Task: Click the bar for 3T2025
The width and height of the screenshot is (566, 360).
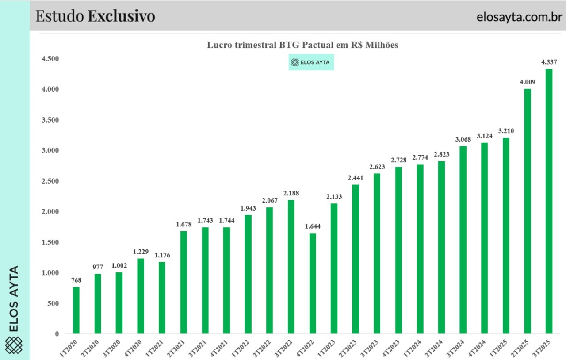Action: tap(549, 201)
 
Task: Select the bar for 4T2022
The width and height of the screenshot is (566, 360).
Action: tap(313, 283)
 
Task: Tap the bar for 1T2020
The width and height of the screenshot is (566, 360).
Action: tap(76, 310)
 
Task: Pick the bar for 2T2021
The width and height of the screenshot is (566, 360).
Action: tap(184, 282)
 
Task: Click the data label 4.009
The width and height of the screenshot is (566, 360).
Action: tap(528, 81)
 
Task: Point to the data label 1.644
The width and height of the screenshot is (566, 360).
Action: tap(313, 226)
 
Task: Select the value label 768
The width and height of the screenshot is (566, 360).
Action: tap(76, 280)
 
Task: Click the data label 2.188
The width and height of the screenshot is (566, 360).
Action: tap(291, 193)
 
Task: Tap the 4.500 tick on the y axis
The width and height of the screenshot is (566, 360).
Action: tap(50, 59)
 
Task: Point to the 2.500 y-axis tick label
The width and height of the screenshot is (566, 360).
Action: tap(50, 181)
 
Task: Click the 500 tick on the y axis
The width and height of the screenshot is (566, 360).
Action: tap(54, 304)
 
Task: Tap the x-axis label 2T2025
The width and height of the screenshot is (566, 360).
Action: tap(523, 347)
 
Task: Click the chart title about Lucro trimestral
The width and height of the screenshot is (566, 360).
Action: tap(303, 45)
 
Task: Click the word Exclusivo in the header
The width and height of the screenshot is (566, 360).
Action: tap(121, 16)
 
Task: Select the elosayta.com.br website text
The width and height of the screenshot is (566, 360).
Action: tap(519, 17)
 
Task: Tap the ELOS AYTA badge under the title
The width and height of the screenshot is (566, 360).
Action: tap(311, 62)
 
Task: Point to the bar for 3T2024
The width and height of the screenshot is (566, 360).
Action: tap(463, 240)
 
